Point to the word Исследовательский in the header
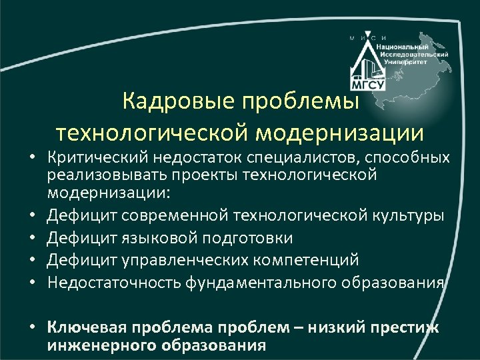click(x=414, y=53)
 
